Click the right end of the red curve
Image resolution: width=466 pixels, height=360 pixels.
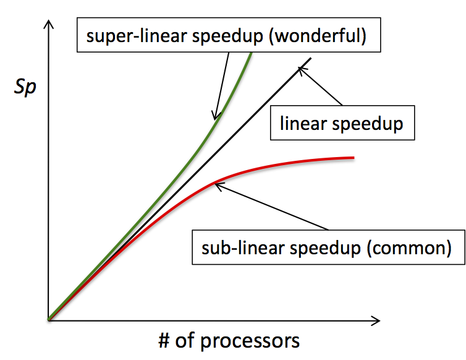353,158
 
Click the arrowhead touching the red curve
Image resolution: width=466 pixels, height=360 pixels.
217,184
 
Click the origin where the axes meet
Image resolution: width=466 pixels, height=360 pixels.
49,320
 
